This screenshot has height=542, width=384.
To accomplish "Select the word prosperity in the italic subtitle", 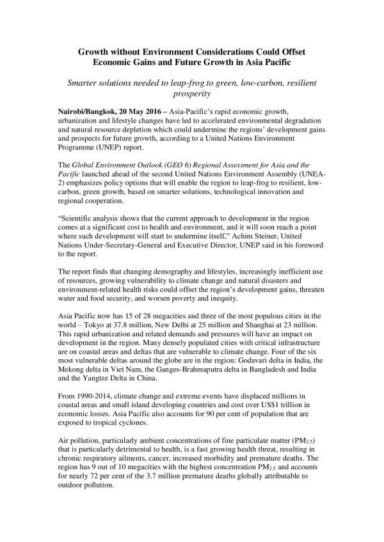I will (191, 94).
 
